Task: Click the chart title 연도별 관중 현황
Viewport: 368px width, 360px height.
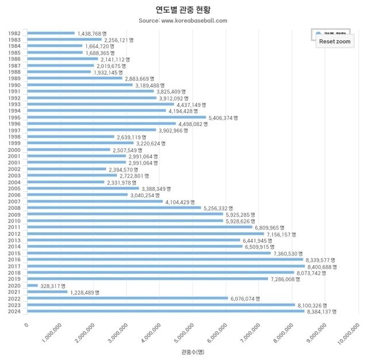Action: click(183, 10)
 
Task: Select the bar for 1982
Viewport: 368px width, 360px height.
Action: click(51, 33)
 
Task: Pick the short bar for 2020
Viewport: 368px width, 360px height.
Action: click(32, 286)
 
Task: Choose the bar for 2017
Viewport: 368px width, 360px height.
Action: click(166, 266)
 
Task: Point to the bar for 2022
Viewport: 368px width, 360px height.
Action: click(127, 298)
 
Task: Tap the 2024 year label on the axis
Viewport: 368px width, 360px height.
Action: click(15, 312)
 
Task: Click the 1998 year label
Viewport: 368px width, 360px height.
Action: click(15, 137)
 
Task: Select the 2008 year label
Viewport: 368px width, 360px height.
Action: click(15, 208)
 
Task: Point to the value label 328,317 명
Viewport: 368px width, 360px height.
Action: click(52, 286)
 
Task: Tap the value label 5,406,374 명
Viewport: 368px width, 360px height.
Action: click(223, 117)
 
